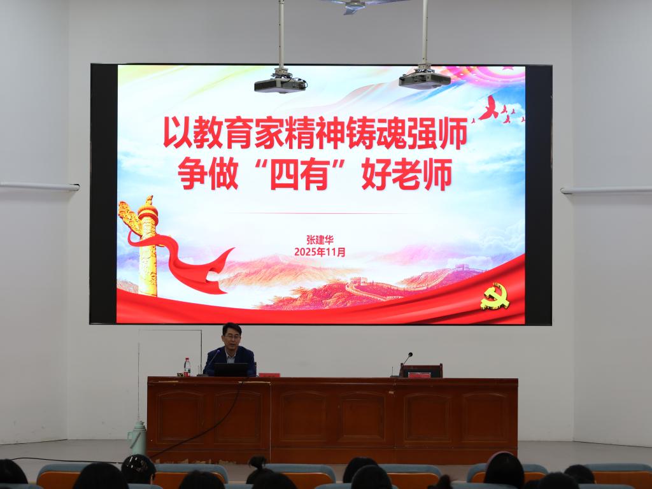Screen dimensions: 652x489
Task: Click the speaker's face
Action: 231,337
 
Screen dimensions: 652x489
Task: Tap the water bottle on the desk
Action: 187,367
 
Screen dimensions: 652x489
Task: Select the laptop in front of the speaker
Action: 230,370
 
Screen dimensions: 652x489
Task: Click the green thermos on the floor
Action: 138,437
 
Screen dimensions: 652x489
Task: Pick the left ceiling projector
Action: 280,85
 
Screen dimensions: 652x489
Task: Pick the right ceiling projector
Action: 425,80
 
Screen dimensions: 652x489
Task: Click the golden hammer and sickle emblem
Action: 495,297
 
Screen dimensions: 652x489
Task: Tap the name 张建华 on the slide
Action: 320,240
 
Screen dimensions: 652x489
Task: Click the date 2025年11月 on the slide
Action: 320,252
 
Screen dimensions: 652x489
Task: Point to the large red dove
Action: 489,108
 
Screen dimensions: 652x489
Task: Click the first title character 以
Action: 178,132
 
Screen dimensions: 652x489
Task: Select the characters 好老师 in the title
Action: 407,174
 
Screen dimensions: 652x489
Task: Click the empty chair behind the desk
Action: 421,371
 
